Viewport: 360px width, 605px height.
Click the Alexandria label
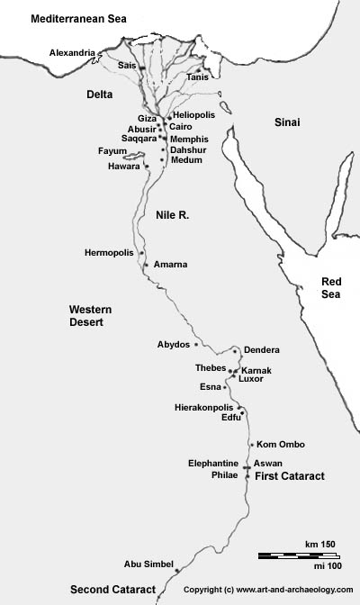[x=71, y=53]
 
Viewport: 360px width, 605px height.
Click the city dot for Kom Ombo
[x=251, y=445]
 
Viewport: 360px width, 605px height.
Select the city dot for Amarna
[x=145, y=265]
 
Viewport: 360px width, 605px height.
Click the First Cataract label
[x=289, y=475]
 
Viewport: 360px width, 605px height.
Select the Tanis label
[x=197, y=78]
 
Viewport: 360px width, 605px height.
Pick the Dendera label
[x=262, y=350]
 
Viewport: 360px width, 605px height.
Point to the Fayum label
[x=112, y=151]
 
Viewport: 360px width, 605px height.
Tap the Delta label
[x=99, y=94]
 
